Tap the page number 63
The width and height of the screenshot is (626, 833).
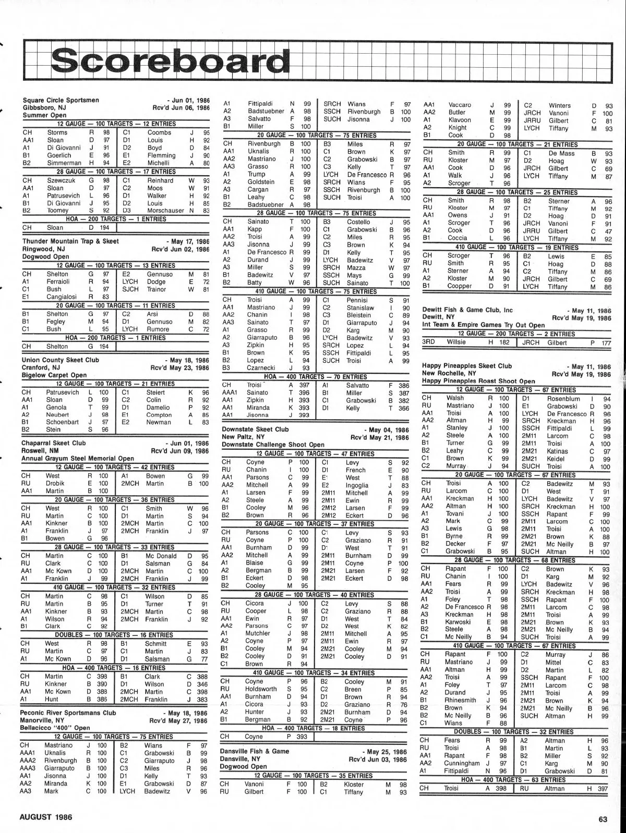tap(603, 819)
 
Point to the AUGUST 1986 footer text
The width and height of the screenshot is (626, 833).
tap(46, 817)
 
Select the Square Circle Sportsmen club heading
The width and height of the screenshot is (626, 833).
tap(61, 100)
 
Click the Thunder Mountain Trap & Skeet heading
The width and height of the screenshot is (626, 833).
tap(70, 241)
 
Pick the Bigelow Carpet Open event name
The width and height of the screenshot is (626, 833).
tap(54, 375)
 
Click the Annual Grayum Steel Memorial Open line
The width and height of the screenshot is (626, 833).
tap(78, 459)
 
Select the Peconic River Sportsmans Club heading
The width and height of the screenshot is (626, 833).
tap(68, 713)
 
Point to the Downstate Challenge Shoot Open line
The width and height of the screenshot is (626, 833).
tap(273, 445)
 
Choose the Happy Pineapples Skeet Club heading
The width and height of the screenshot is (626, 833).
tap(467, 366)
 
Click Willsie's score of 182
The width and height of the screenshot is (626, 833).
tap(502, 342)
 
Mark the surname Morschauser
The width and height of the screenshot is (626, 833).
tap(166, 211)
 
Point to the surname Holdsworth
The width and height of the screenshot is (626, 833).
tap(261, 689)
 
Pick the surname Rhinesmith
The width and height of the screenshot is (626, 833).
tap(462, 700)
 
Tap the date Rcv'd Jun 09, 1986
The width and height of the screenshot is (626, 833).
tap(180, 451)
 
